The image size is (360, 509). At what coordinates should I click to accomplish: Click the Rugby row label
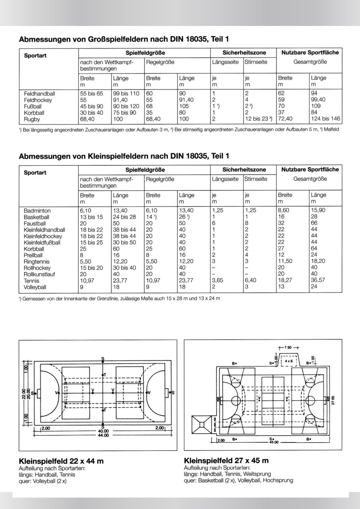pyautogui.click(x=32, y=119)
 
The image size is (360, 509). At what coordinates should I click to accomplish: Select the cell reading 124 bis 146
pyautogui.click(x=325, y=119)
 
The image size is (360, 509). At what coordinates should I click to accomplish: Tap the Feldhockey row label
pyautogui.click(x=38, y=100)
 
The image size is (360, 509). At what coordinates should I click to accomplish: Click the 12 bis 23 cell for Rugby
pyautogui.click(x=258, y=119)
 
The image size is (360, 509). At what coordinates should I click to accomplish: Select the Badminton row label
pyautogui.click(x=37, y=211)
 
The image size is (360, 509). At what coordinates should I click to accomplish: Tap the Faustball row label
pyautogui.click(x=35, y=224)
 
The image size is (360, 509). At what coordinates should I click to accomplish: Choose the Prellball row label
pyautogui.click(x=33, y=255)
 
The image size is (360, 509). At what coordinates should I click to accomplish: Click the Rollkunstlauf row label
pyautogui.click(x=39, y=274)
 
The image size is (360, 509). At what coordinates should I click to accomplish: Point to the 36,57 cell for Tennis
pyautogui.click(x=318, y=280)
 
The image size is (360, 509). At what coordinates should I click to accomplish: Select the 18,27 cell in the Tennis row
pyautogui.click(x=285, y=280)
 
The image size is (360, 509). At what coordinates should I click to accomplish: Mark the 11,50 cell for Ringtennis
pyautogui.click(x=285, y=261)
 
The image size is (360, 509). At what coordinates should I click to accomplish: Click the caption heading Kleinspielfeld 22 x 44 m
pyautogui.click(x=61, y=461)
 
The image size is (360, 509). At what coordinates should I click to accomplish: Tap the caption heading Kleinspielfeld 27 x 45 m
pyautogui.click(x=226, y=461)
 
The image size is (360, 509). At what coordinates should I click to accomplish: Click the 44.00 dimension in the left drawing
pyautogui.click(x=103, y=435)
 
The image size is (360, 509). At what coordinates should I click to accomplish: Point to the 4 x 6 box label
pyautogui.click(x=289, y=361)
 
